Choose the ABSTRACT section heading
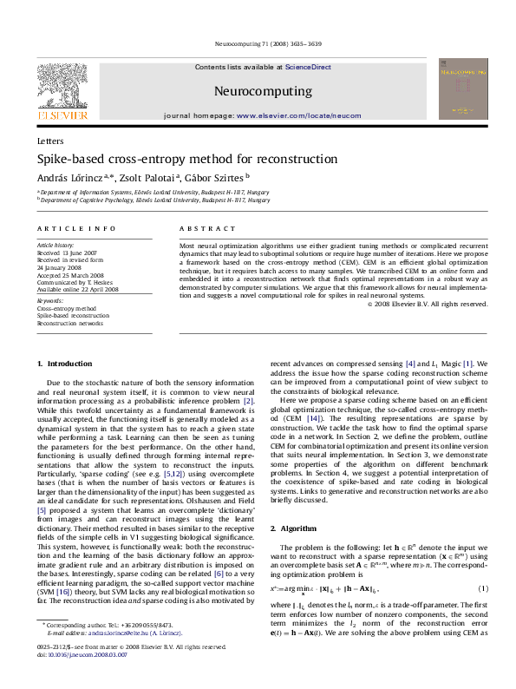click(x=201, y=228)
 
